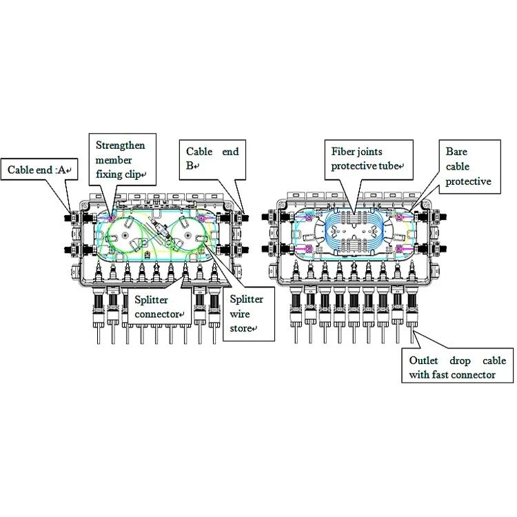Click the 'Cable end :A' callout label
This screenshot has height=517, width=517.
pyautogui.click(x=39, y=170)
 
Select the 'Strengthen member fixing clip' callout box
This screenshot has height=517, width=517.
pyautogui.click(x=122, y=160)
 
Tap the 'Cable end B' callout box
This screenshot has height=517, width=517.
pyautogui.click(x=212, y=160)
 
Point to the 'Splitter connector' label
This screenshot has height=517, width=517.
pyautogui.click(x=159, y=307)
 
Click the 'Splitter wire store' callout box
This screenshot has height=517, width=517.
pyautogui.click(x=249, y=314)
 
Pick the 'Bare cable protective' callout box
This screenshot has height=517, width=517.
pyautogui.click(x=469, y=167)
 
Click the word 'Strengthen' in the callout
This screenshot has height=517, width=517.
pyautogui.click(x=121, y=145)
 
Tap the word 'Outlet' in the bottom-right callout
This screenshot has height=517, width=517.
pyautogui.click(x=423, y=361)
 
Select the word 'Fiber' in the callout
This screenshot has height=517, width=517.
pyautogui.click(x=341, y=152)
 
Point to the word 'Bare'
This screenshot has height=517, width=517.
pyautogui.click(x=456, y=152)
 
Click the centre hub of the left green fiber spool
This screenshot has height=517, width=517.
pyautogui.click(x=125, y=236)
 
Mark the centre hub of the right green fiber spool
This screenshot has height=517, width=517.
pyautogui.click(x=187, y=236)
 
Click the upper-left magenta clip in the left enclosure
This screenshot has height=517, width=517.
pyautogui.click(x=111, y=218)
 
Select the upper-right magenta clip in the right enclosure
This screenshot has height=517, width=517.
pyautogui.click(x=399, y=217)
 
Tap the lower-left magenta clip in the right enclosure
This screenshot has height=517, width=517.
pyautogui.click(x=309, y=248)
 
